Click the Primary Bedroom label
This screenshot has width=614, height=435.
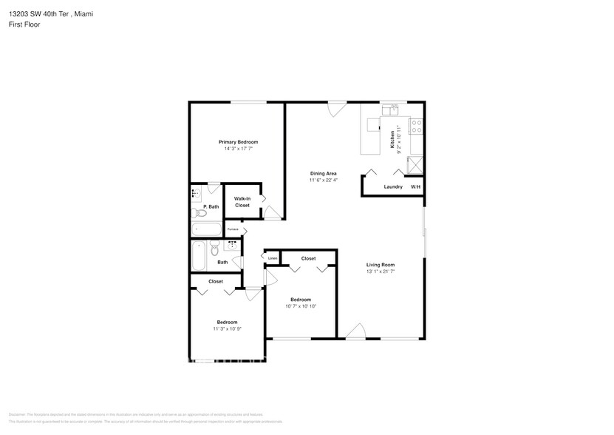(238, 141)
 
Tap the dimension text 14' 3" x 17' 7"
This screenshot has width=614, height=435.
(238, 149)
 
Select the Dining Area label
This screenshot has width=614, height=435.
(323, 173)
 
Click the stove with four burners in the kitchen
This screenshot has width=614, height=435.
(416, 127)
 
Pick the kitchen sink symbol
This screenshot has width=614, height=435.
(389, 111)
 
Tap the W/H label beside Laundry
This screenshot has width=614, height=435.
(415, 186)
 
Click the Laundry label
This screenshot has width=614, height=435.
(393, 186)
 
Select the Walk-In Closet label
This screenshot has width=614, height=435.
(242, 202)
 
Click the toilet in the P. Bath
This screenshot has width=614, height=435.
(197, 213)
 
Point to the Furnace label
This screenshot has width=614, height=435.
(232, 230)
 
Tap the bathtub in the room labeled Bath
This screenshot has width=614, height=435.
(198, 257)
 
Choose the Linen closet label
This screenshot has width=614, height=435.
(273, 258)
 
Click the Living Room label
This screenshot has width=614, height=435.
(381, 264)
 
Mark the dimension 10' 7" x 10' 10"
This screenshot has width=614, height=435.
(301, 306)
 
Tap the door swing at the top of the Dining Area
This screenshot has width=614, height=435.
(337, 109)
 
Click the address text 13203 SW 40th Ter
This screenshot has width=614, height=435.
(41, 14)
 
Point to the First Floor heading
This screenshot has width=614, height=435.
(25, 24)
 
